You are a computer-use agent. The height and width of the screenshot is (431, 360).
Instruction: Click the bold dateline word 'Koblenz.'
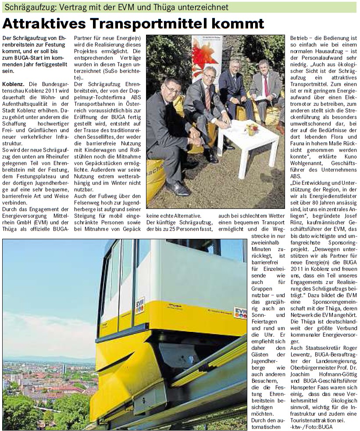pos(12,83)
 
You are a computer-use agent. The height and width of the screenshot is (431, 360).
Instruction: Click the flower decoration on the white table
pos(253,129)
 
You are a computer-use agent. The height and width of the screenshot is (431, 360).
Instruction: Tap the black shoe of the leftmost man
pos(177,188)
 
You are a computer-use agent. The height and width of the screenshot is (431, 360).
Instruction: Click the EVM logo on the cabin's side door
pos(140,305)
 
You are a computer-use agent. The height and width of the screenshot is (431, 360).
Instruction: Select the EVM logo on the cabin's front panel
pos(240,312)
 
